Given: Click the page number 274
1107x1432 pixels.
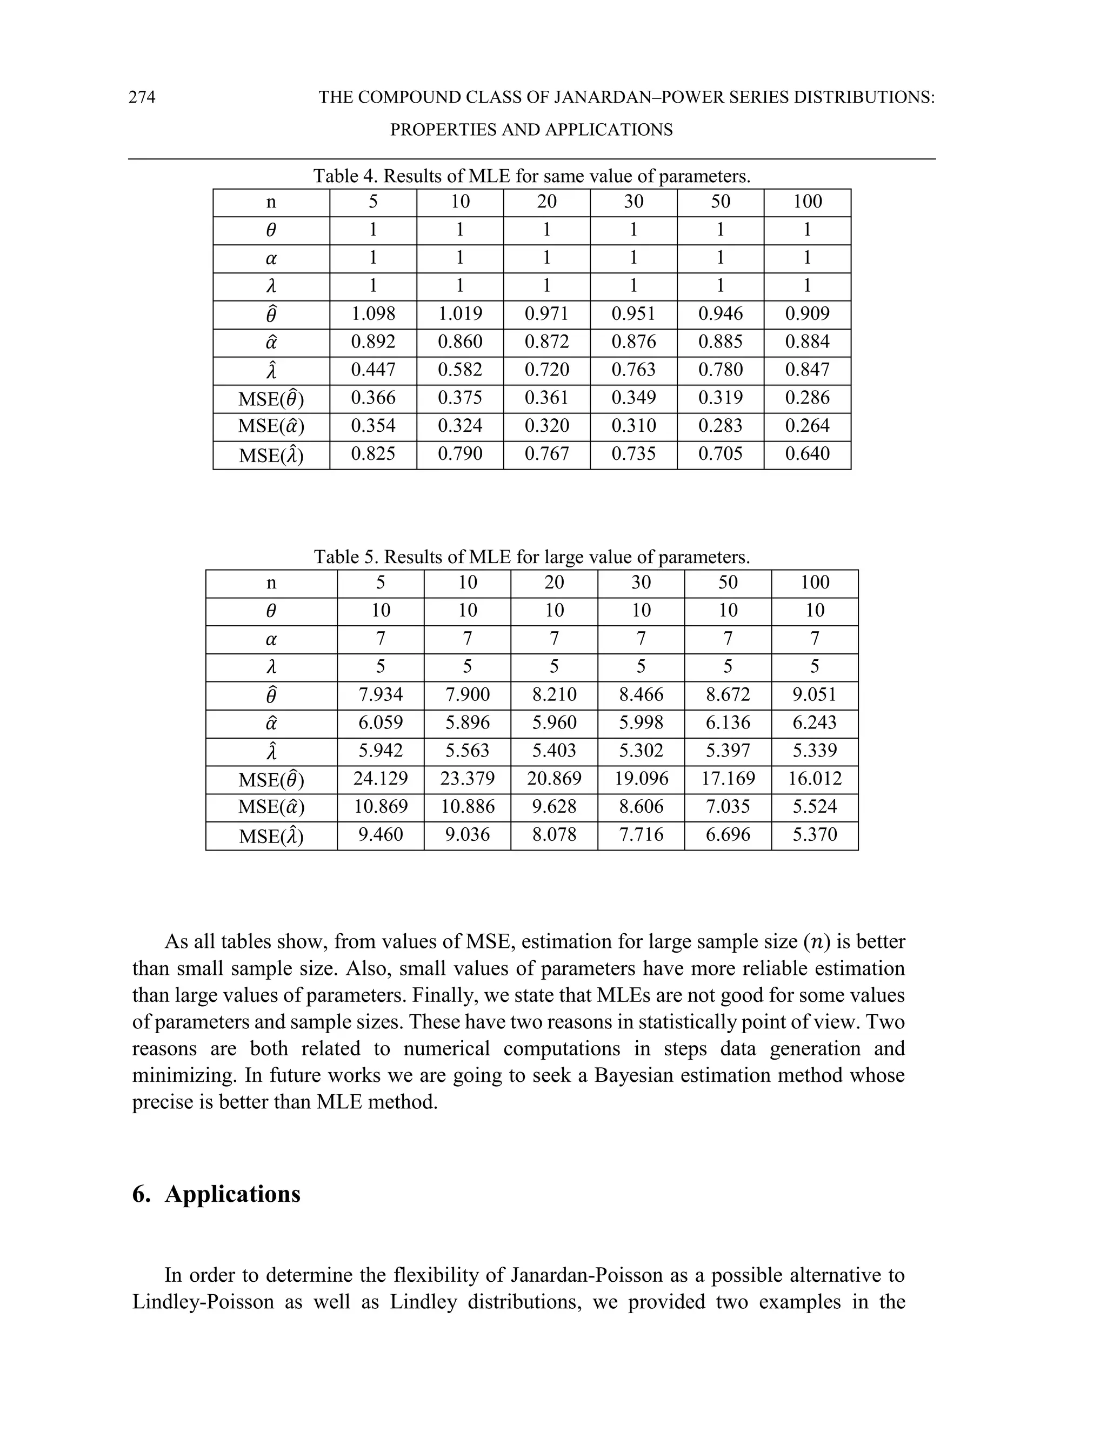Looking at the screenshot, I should point(142,97).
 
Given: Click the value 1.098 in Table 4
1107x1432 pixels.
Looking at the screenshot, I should point(372,313).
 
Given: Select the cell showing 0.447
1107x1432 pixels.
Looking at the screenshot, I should point(372,370).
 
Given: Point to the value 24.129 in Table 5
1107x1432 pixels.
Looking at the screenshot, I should point(381,778).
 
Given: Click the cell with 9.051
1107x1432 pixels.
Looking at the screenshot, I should point(815,694).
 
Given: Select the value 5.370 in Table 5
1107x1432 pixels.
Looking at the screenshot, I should point(815,835).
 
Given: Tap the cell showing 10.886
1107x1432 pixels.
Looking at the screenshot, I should point(467,806).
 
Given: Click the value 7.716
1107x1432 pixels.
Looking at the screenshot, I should point(641,835).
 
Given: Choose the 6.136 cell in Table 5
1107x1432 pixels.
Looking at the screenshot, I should point(728,722).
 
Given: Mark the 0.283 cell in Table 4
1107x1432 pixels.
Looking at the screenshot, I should point(720,425).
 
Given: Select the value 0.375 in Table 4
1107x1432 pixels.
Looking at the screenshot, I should point(460,398).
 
